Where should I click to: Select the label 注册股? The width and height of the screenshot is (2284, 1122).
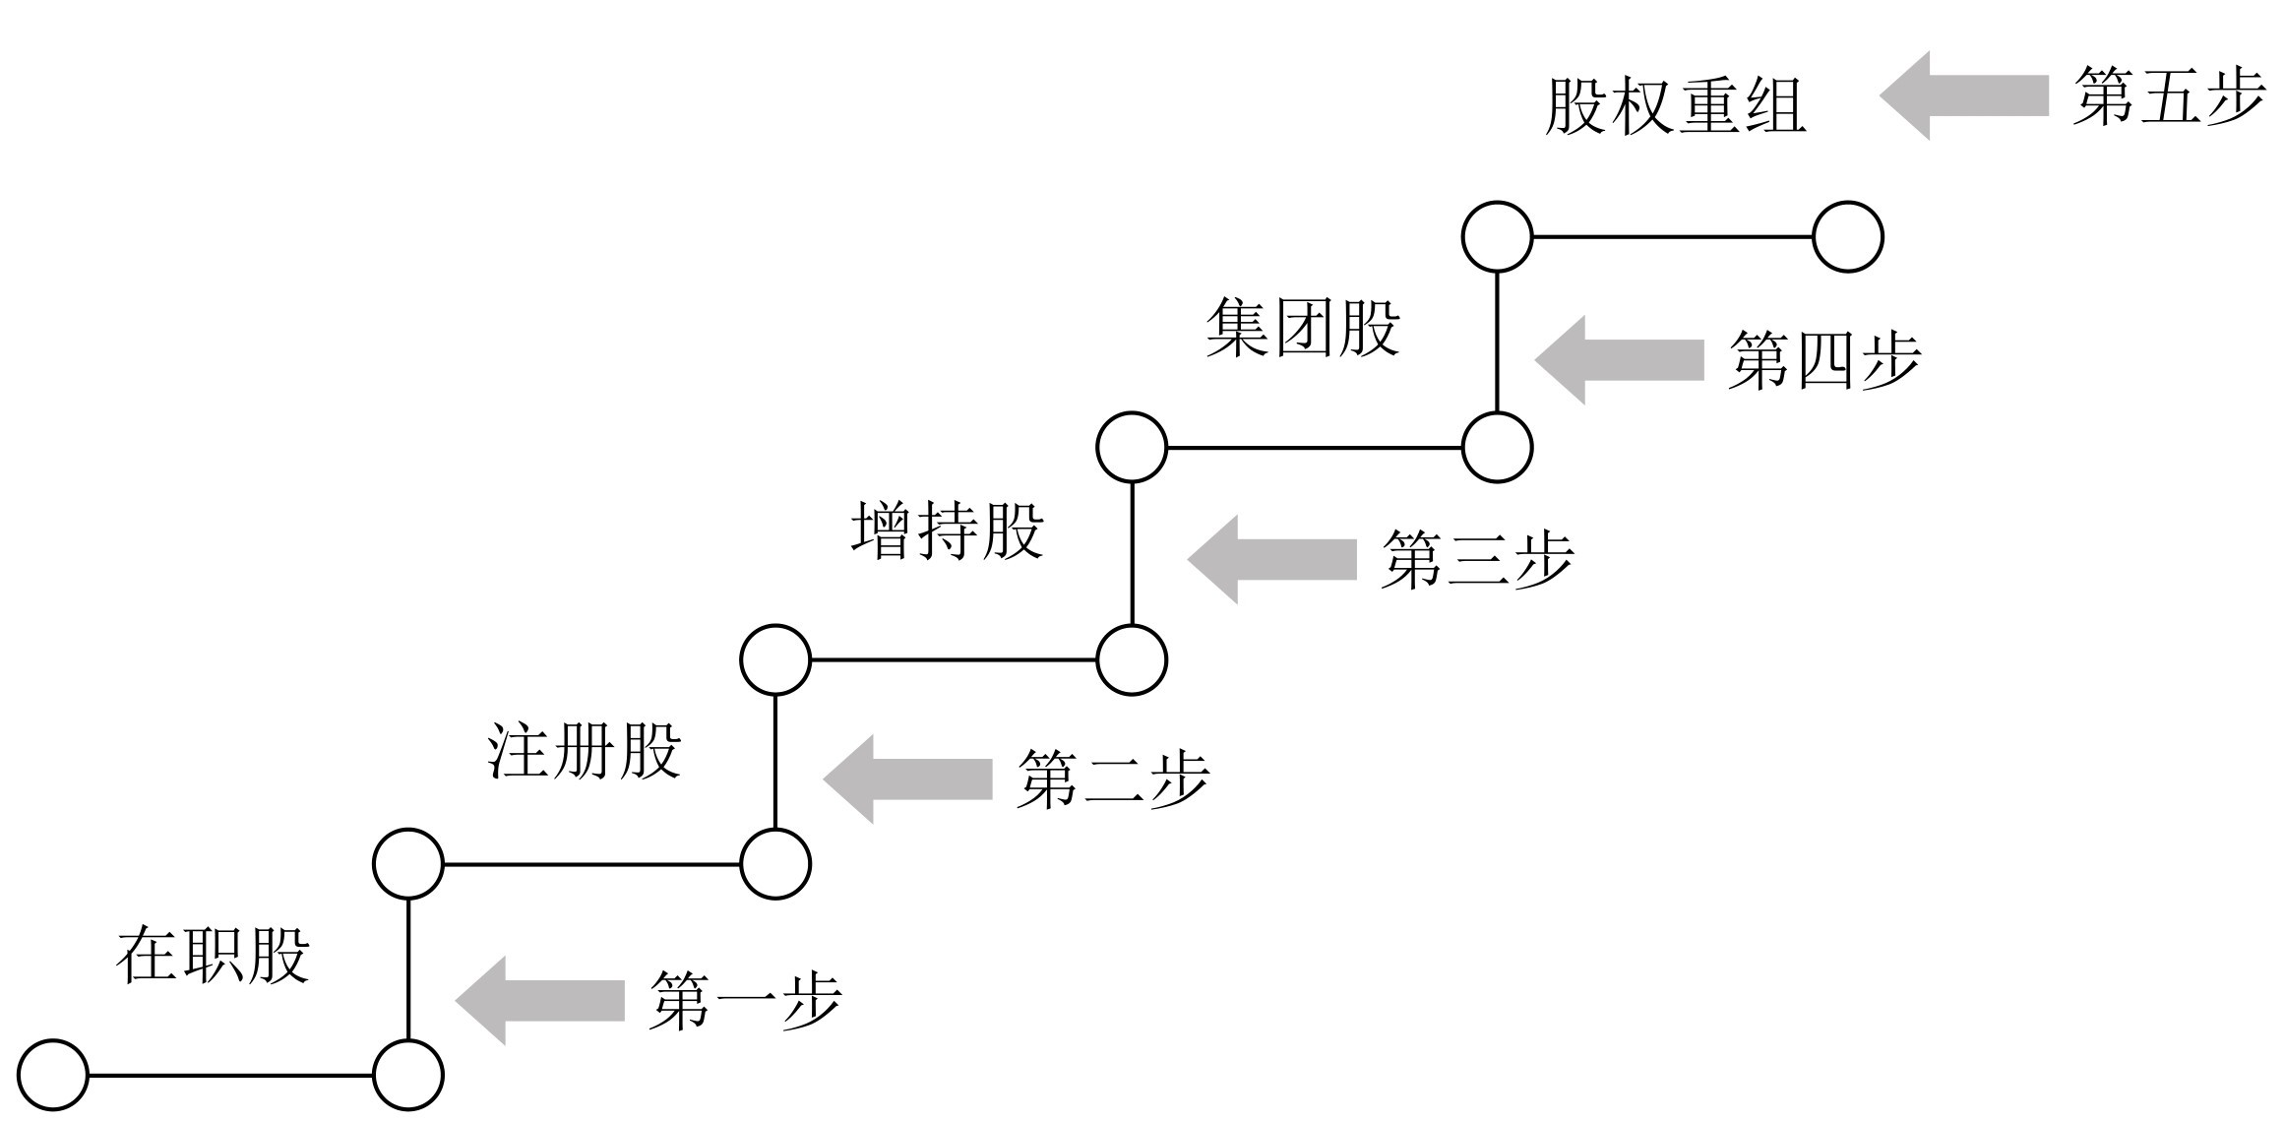tap(585, 752)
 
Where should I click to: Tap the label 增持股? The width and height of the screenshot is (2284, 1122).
tap(947, 531)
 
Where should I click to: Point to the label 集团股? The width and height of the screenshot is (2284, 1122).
tap(1303, 328)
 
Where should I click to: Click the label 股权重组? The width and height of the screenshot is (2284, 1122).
tap(1675, 106)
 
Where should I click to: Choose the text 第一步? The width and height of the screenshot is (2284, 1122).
tap(745, 1001)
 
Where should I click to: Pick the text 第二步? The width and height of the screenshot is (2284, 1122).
tap(1113, 779)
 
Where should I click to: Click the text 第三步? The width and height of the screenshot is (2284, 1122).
tap(1477, 559)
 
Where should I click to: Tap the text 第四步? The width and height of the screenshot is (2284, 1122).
tap(1823, 360)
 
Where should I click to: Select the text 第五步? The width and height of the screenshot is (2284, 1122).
tap(2169, 96)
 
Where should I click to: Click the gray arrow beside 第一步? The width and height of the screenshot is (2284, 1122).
tap(540, 1000)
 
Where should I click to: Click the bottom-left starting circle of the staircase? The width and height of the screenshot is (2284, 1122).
tap(53, 1076)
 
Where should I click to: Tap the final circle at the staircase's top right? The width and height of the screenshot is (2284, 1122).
tap(1847, 237)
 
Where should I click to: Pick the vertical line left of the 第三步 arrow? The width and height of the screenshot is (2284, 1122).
tap(1132, 553)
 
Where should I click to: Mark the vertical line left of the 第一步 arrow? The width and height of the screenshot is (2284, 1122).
tap(408, 969)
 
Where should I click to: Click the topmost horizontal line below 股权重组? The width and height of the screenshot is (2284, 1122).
tap(1673, 237)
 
